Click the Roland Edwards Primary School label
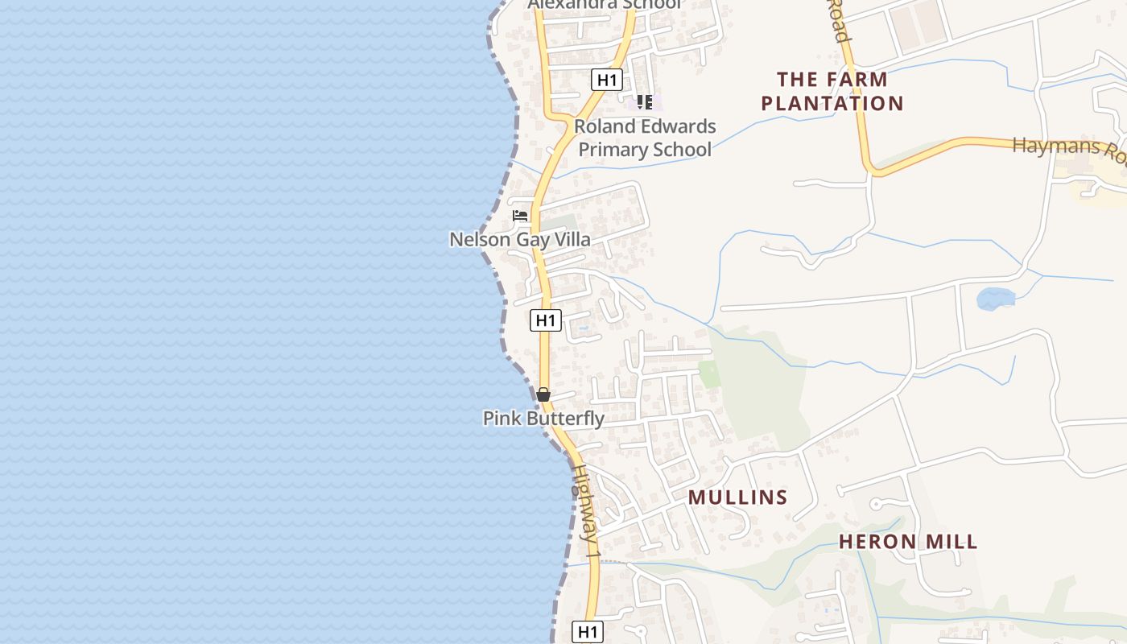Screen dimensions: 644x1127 point(645,138)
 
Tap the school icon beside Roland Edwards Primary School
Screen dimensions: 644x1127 point(644,102)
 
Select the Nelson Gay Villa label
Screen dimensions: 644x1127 point(519,239)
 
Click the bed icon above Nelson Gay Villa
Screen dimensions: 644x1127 point(520,216)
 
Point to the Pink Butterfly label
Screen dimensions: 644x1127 point(543,419)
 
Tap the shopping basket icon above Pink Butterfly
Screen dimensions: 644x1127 point(543,394)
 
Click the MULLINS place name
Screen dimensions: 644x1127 point(737,497)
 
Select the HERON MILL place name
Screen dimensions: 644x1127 point(908,542)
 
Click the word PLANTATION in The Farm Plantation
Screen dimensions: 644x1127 point(832,103)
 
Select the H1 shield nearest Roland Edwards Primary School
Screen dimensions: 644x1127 point(607,80)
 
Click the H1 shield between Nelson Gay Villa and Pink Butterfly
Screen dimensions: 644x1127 point(546,320)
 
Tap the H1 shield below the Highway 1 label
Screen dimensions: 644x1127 point(588,632)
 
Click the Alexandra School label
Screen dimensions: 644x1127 point(605,5)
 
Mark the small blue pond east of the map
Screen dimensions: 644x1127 point(995,299)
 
